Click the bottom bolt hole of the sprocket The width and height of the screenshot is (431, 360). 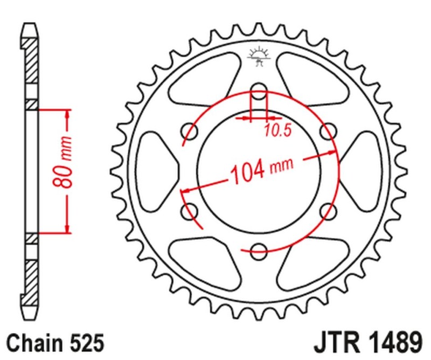pos(259,249)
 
